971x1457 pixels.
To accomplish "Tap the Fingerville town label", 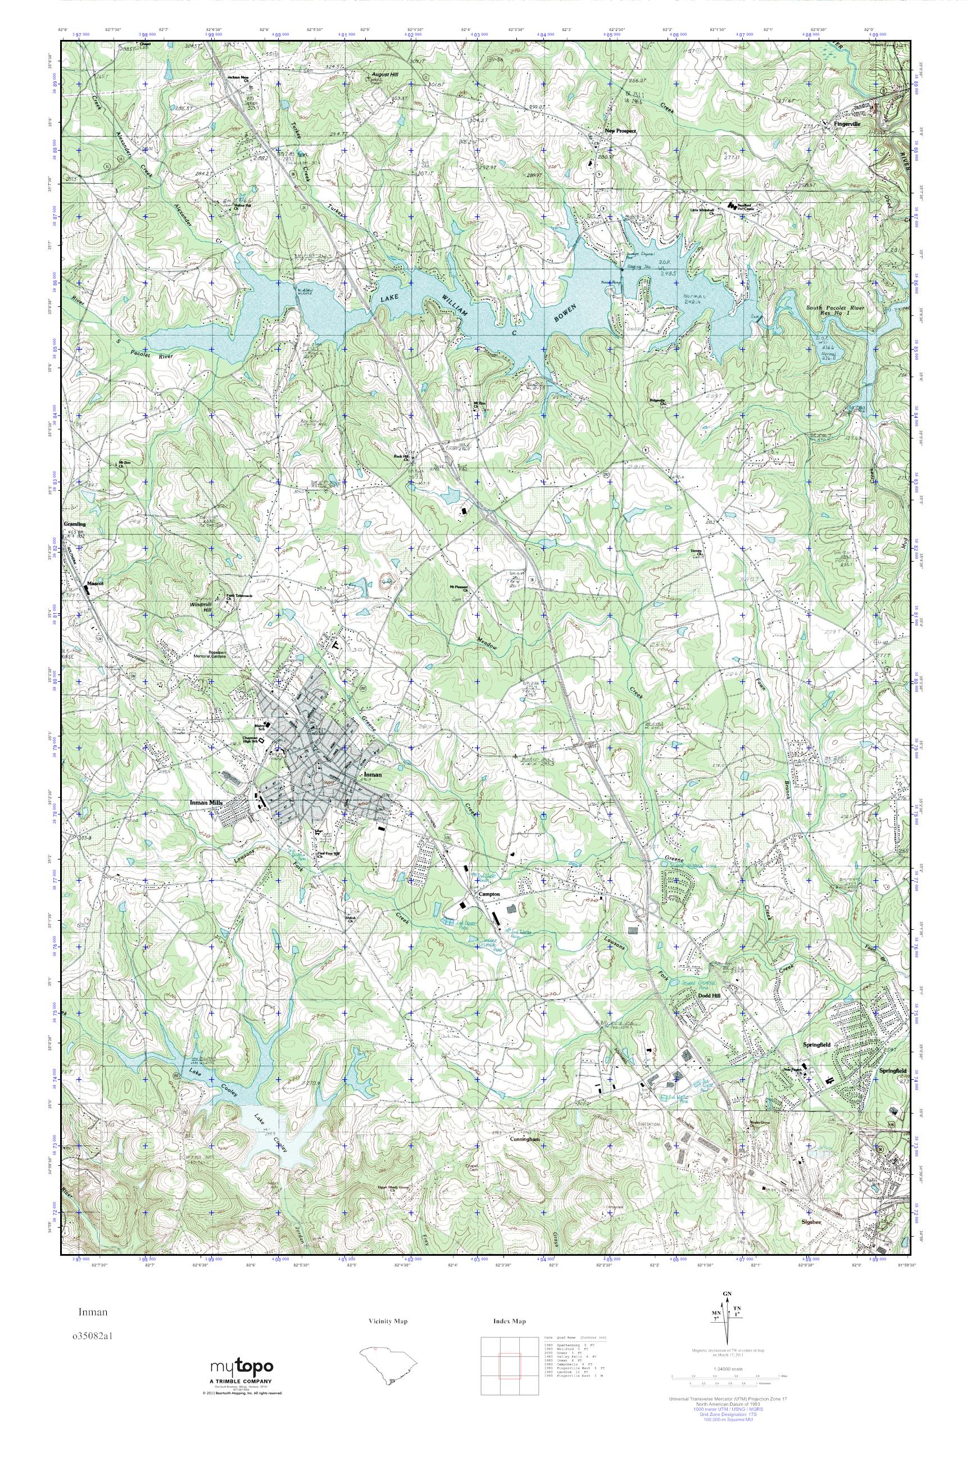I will (x=848, y=123).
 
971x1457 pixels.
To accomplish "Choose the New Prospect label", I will (x=620, y=132).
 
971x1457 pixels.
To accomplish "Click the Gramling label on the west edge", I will (x=75, y=524).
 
